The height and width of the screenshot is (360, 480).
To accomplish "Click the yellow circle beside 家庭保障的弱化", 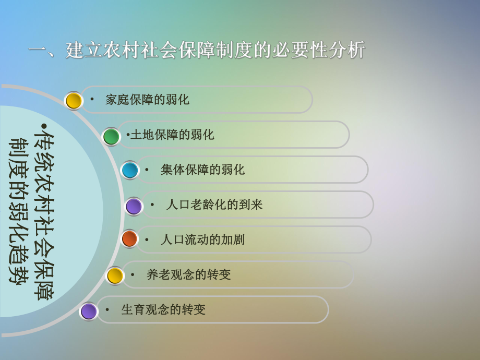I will tap(74, 101).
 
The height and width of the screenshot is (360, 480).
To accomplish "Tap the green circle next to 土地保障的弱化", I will tap(111, 137).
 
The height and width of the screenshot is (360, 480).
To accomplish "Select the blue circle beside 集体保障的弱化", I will tap(130, 170).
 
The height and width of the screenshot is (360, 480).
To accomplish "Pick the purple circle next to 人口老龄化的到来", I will tap(134, 206).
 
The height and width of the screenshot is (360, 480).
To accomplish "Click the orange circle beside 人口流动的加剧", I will tap(129, 239).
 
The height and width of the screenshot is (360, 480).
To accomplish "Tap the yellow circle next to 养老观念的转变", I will tap(115, 275).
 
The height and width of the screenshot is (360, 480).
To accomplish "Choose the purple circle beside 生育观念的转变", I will tap(89, 311).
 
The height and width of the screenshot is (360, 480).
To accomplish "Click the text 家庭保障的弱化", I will tap(147, 100).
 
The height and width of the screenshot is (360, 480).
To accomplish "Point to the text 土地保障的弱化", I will tap(172, 135).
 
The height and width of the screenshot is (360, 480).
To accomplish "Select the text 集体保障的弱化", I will tap(202, 170).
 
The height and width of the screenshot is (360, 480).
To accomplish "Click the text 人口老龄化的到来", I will tap(214, 205).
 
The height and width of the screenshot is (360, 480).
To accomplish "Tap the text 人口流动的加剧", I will tap(202, 239).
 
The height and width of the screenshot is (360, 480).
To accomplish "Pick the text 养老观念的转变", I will tap(188, 274).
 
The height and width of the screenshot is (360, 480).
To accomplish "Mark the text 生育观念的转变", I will tap(163, 309).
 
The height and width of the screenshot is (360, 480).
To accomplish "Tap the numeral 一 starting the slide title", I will tap(38, 51).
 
